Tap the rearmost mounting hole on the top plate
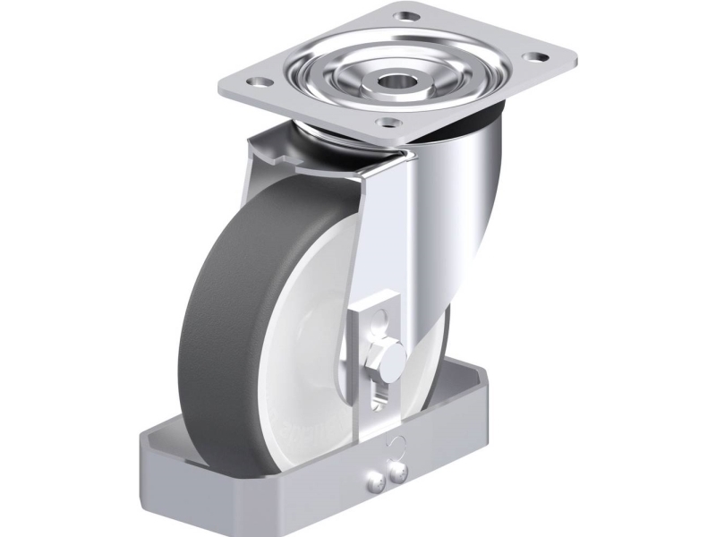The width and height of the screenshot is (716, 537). tap(410, 16)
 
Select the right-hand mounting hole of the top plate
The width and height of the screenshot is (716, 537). tap(539, 57)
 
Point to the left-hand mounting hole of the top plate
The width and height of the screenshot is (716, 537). tap(260, 82)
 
